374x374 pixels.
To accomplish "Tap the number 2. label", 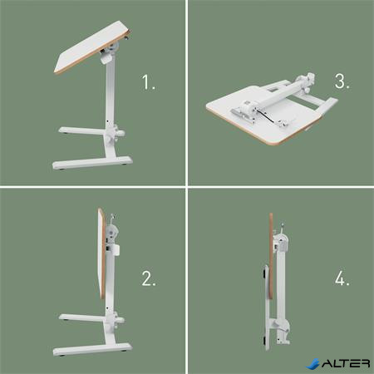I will point(149,279).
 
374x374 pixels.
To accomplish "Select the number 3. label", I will point(342,82).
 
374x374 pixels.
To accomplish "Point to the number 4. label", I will point(342,279).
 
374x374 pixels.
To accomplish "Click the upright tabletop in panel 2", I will point(101,256).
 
